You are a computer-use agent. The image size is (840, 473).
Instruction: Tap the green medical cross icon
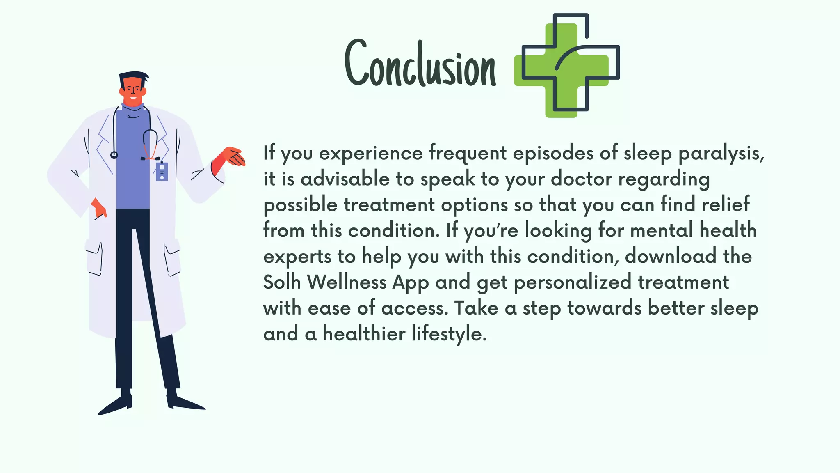pyautogui.click(x=566, y=66)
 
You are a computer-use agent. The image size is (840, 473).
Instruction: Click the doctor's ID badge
pyautogui.click(x=162, y=171)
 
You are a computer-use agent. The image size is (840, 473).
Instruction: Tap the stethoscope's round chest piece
pyautogui.click(x=114, y=155)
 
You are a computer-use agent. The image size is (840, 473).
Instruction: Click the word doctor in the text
pyautogui.click(x=581, y=179)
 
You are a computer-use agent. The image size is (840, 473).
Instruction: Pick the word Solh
pyautogui.click(x=282, y=282)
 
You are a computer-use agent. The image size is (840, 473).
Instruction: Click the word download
pyautogui.click(x=671, y=256)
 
